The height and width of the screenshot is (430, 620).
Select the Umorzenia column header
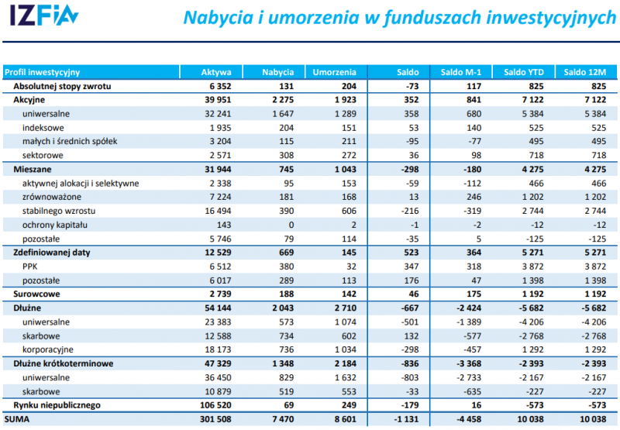[334, 72]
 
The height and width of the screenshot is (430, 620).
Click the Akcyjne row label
[29, 100]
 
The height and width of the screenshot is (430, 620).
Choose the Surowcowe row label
[35, 294]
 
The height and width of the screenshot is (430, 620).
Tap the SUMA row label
[19, 419]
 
